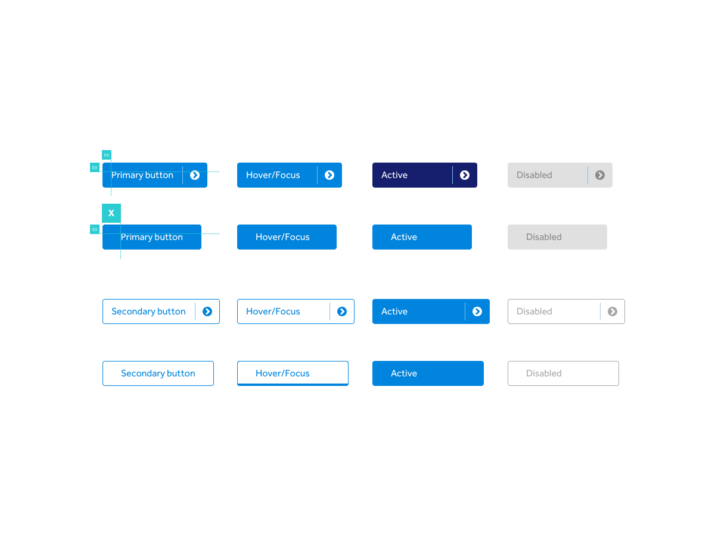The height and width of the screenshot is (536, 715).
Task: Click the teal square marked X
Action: click(x=111, y=213)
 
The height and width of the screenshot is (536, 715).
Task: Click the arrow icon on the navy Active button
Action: click(x=465, y=175)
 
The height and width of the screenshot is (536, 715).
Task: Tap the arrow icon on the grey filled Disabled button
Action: click(x=600, y=175)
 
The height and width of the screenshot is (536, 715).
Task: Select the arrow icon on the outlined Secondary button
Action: click(x=207, y=311)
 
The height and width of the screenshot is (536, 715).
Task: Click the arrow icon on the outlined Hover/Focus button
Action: click(x=342, y=311)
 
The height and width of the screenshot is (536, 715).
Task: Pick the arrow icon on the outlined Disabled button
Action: click(x=613, y=311)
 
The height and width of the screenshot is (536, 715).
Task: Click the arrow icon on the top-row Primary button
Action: click(x=195, y=175)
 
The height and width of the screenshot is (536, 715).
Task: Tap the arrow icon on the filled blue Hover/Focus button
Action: click(x=329, y=175)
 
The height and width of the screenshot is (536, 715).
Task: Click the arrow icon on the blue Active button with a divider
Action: click(x=477, y=311)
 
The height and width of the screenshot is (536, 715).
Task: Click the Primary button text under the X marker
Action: click(x=152, y=237)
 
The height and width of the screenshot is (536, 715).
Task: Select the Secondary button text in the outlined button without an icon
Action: click(x=158, y=373)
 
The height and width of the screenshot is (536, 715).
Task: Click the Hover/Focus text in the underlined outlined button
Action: click(x=282, y=373)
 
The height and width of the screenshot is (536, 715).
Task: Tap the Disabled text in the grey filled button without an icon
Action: click(x=543, y=237)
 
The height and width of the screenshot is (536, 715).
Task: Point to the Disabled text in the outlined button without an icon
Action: click(x=543, y=373)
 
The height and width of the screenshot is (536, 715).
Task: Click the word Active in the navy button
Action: click(x=394, y=175)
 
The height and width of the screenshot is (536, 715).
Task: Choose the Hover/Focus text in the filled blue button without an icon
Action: click(x=282, y=237)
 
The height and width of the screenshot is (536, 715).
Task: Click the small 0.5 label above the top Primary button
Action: click(x=107, y=155)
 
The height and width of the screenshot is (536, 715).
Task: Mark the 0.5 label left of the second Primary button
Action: click(x=95, y=229)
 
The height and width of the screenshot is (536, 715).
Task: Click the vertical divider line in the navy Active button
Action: click(x=452, y=175)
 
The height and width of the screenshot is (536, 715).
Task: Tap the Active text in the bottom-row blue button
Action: click(x=404, y=373)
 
